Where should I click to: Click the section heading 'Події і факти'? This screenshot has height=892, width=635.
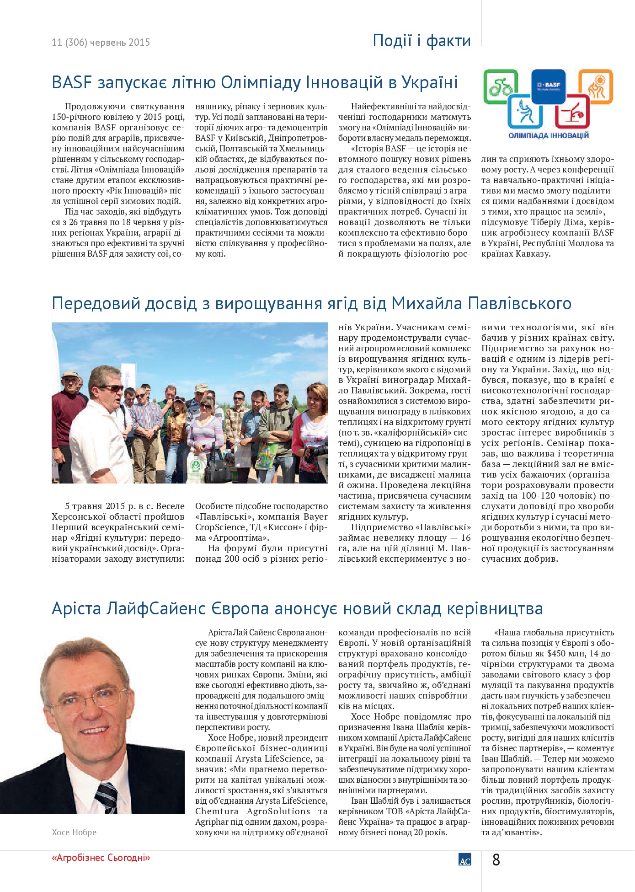(422, 41)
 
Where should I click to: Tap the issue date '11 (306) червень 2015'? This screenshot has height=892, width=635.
(101, 43)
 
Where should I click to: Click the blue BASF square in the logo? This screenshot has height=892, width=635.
(548, 85)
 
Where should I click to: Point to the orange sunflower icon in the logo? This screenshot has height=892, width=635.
(595, 86)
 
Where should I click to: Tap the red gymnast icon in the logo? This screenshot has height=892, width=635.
(572, 111)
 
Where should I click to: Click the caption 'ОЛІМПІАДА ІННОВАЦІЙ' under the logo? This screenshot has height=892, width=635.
(549, 135)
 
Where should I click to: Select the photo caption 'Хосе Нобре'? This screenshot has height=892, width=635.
(74, 832)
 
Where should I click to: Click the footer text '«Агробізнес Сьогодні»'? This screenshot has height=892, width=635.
(101, 858)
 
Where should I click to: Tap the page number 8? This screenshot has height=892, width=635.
(496, 860)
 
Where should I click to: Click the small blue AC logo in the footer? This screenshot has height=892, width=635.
(464, 860)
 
